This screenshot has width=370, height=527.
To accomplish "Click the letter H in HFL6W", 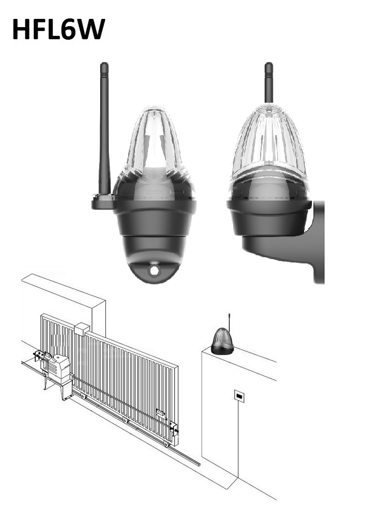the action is [x=21, y=29].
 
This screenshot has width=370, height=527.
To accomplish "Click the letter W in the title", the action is [x=89, y=29].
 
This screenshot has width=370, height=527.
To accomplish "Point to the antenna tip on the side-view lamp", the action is [x=268, y=64].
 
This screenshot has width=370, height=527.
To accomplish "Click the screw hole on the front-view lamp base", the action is [x=154, y=270].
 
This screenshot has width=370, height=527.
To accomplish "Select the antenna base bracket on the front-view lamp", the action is [x=103, y=202].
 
